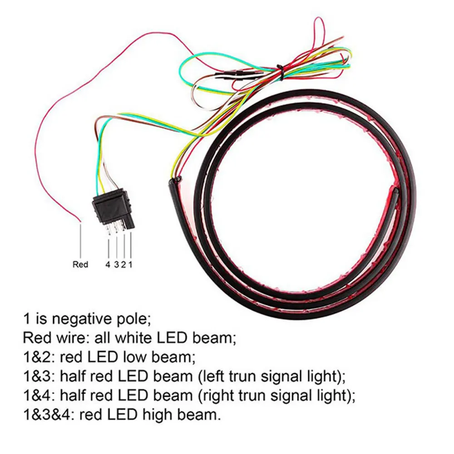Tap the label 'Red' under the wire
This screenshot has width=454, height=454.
(80, 264)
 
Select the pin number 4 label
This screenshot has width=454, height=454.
(108, 264)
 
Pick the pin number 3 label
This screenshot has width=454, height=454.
(116, 264)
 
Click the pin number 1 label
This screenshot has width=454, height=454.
(130, 264)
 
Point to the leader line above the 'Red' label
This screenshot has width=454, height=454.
(80, 241)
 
